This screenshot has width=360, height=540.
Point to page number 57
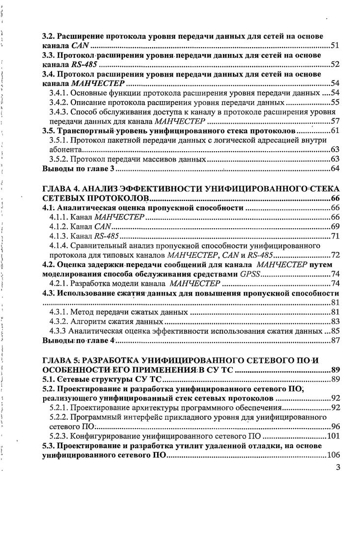click(x=335, y=121)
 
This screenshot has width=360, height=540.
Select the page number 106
click(x=333, y=455)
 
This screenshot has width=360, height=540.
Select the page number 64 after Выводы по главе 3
click(x=335, y=168)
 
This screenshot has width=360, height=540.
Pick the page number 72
click(x=335, y=255)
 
